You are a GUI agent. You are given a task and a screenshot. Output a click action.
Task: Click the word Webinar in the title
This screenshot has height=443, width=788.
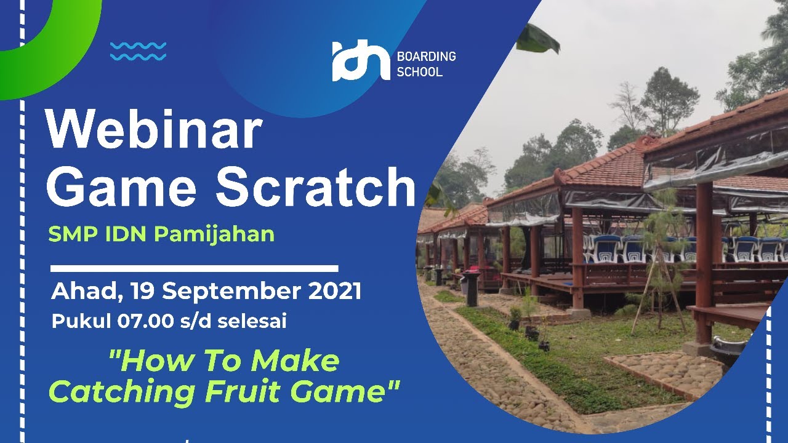click(154, 132)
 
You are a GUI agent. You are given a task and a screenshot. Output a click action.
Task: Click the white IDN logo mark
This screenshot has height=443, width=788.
click(361, 60)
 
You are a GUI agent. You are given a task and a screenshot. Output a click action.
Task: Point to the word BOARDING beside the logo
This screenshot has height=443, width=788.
click(426, 57)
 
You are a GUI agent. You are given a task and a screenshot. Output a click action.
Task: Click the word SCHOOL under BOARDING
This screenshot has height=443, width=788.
click(419, 72)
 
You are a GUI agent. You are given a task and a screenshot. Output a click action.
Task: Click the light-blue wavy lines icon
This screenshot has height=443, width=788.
click(138, 51)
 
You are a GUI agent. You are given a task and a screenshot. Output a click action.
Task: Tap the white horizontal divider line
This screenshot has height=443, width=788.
click(194, 268)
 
